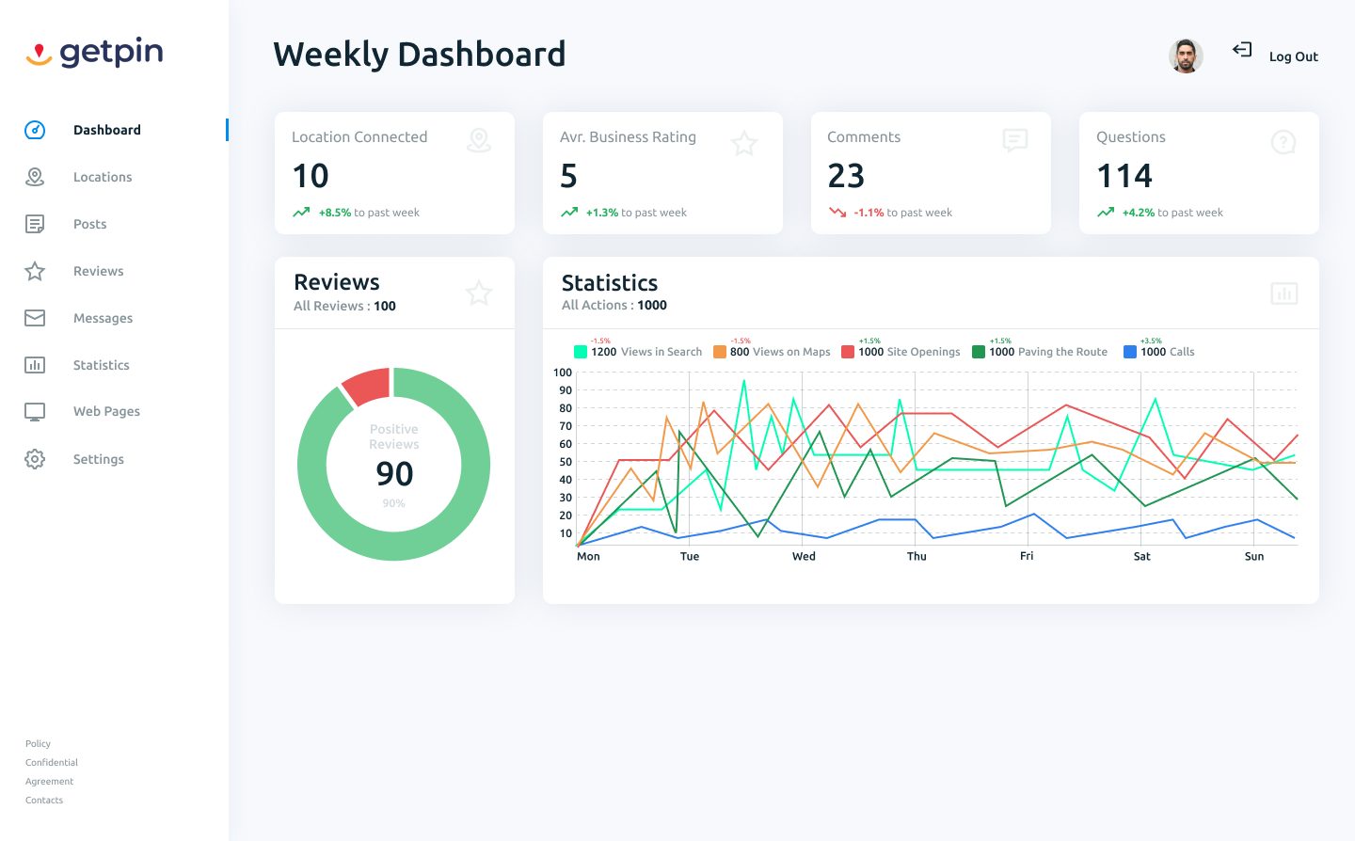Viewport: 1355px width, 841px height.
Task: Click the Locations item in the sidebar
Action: click(102, 177)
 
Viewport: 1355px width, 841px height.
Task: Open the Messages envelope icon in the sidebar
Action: click(35, 318)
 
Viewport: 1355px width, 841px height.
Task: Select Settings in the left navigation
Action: click(98, 459)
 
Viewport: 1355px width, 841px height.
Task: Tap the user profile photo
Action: click(1186, 56)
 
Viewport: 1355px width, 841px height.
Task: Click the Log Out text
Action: click(1293, 56)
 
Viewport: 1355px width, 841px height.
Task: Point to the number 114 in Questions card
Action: click(1124, 176)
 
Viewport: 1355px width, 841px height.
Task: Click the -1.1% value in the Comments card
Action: click(869, 213)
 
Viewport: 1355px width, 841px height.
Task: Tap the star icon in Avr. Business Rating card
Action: click(744, 143)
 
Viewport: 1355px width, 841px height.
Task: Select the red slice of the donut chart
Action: click(366, 386)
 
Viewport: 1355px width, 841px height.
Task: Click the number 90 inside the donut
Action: click(394, 474)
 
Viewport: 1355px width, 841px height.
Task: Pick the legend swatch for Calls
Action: click(1130, 352)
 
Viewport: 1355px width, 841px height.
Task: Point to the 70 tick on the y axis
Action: click(566, 426)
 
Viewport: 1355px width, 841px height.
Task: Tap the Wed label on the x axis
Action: click(804, 556)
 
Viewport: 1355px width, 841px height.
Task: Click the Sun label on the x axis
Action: click(1254, 556)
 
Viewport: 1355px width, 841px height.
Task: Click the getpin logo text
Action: click(111, 53)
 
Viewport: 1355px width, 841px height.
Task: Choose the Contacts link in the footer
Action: click(44, 801)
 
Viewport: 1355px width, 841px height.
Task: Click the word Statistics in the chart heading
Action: click(610, 283)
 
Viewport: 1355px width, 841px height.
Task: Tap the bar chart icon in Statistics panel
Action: click(1283, 294)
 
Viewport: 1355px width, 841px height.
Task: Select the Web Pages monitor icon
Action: click(35, 412)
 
